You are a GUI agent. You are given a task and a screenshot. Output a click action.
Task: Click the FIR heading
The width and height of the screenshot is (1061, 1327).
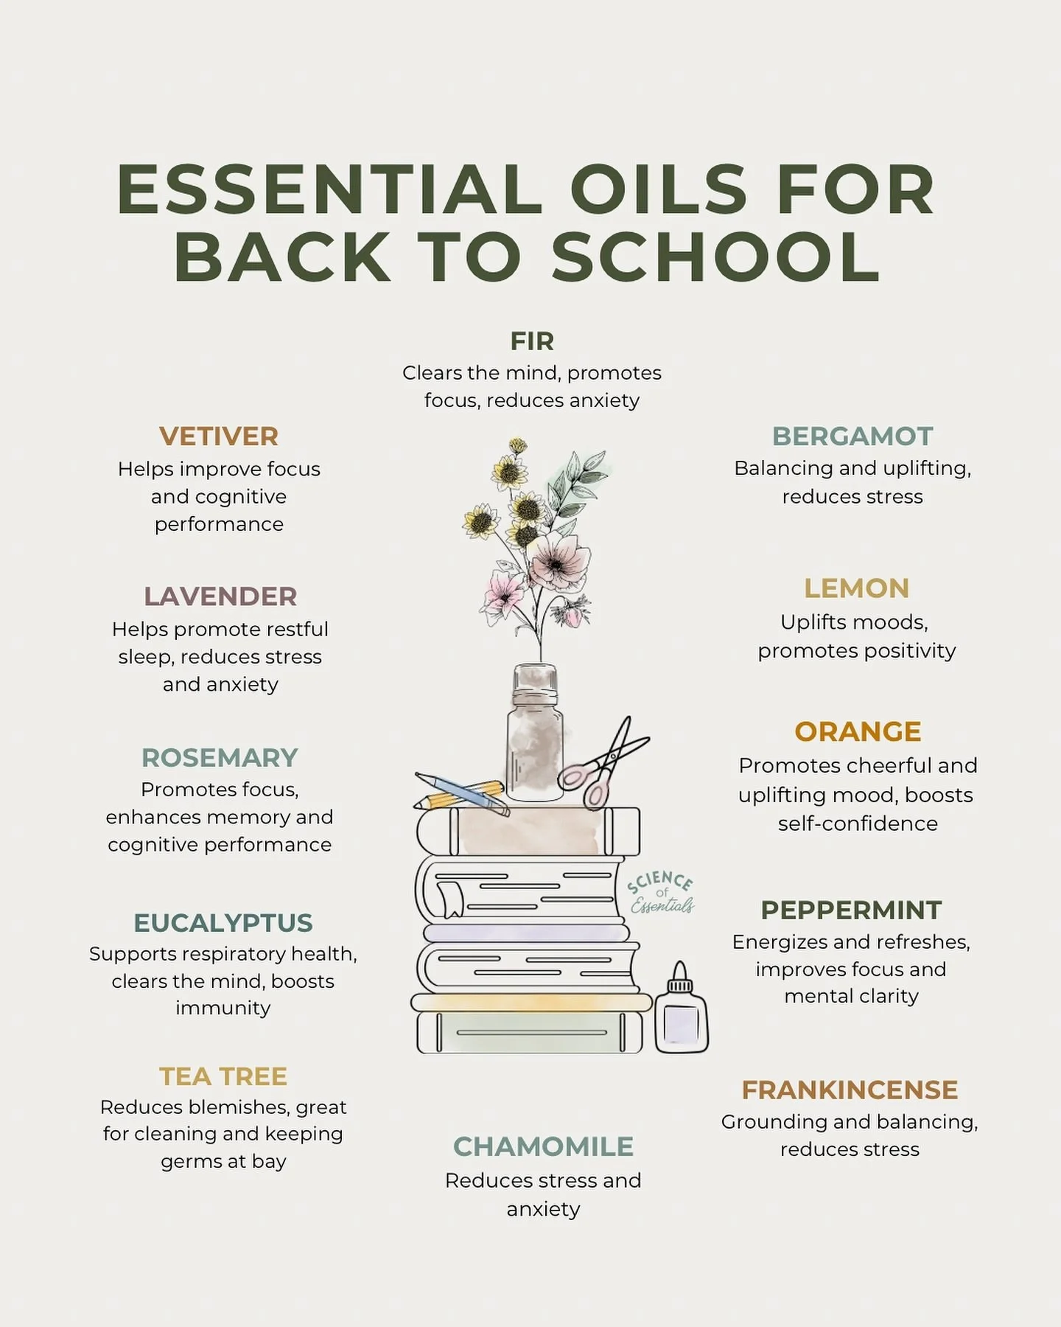(531, 341)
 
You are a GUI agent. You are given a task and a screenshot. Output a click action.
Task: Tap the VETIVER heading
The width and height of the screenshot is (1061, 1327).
(219, 436)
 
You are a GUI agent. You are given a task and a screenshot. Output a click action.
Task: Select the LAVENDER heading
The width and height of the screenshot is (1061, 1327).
(220, 596)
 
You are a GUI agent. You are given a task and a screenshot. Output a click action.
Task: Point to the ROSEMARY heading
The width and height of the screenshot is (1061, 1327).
(220, 757)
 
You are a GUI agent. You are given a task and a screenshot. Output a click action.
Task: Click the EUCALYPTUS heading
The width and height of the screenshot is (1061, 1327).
(223, 922)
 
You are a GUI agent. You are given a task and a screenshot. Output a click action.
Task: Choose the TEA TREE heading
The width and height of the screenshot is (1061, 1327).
(223, 1076)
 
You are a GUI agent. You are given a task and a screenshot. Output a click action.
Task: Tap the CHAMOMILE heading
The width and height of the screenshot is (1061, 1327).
(543, 1146)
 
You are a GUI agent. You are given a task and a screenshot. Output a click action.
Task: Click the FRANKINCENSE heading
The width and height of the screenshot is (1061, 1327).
(850, 1090)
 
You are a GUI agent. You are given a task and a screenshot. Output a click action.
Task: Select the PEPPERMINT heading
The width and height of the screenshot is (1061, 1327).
(851, 910)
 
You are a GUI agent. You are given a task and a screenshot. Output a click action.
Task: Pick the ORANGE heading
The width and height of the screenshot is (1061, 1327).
(858, 731)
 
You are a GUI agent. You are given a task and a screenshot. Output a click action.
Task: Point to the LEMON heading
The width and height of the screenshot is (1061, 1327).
(856, 588)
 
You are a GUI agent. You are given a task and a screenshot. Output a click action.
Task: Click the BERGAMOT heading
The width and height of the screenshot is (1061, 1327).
(852, 436)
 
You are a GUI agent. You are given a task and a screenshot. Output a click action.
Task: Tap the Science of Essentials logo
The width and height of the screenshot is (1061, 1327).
(661, 892)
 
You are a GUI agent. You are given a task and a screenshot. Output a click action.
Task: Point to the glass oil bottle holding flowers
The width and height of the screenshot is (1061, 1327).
(535, 737)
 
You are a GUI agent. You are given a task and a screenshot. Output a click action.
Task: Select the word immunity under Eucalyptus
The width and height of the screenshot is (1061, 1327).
(223, 1008)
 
